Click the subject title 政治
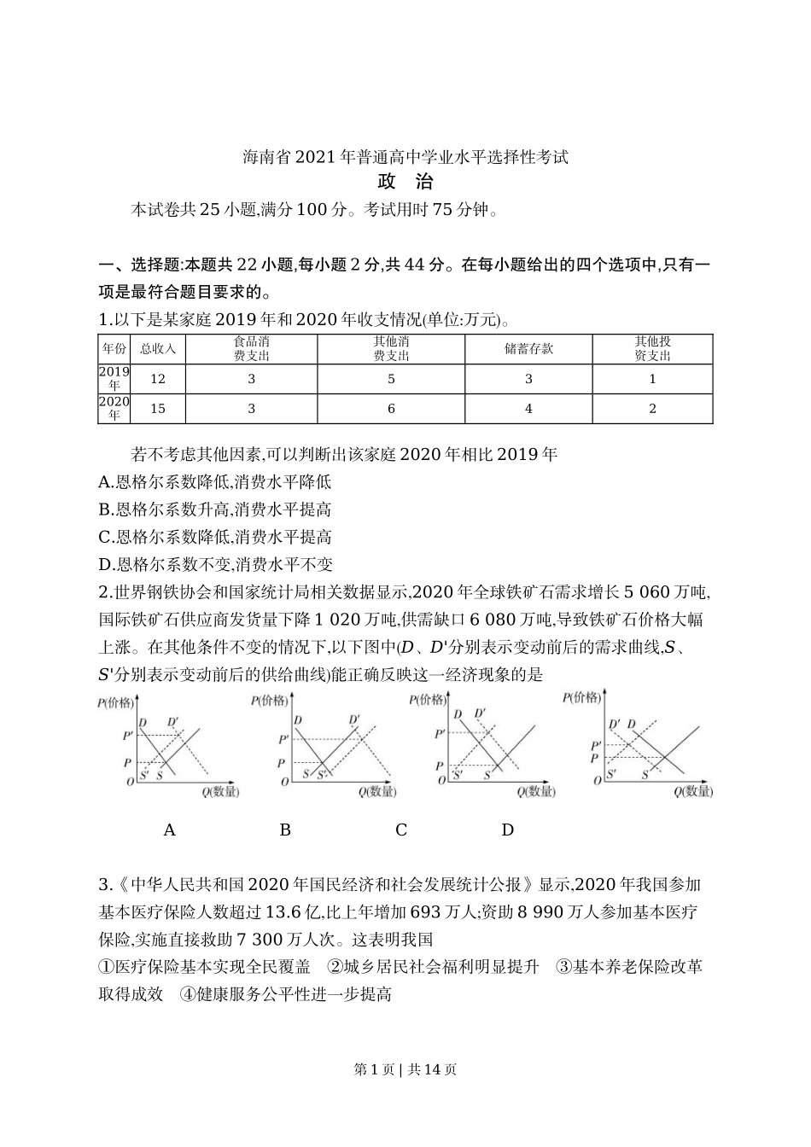click(405, 182)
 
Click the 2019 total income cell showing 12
click(157, 379)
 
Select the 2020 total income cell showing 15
click(157, 409)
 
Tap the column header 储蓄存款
click(528, 349)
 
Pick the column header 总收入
click(157, 349)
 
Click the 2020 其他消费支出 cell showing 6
click(391, 409)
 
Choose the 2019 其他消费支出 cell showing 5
click(391, 379)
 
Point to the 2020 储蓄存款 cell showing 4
click(528, 409)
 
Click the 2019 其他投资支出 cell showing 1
click(652, 379)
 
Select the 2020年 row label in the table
click(114, 409)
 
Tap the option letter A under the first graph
click(169, 830)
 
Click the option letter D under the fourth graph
click(507, 830)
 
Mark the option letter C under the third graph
click(401, 830)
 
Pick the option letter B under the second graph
click(285, 830)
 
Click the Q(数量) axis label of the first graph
click(220, 791)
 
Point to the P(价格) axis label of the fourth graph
click(582, 698)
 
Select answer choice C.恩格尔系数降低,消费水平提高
click(215, 537)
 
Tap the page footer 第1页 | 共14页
click(405, 1069)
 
